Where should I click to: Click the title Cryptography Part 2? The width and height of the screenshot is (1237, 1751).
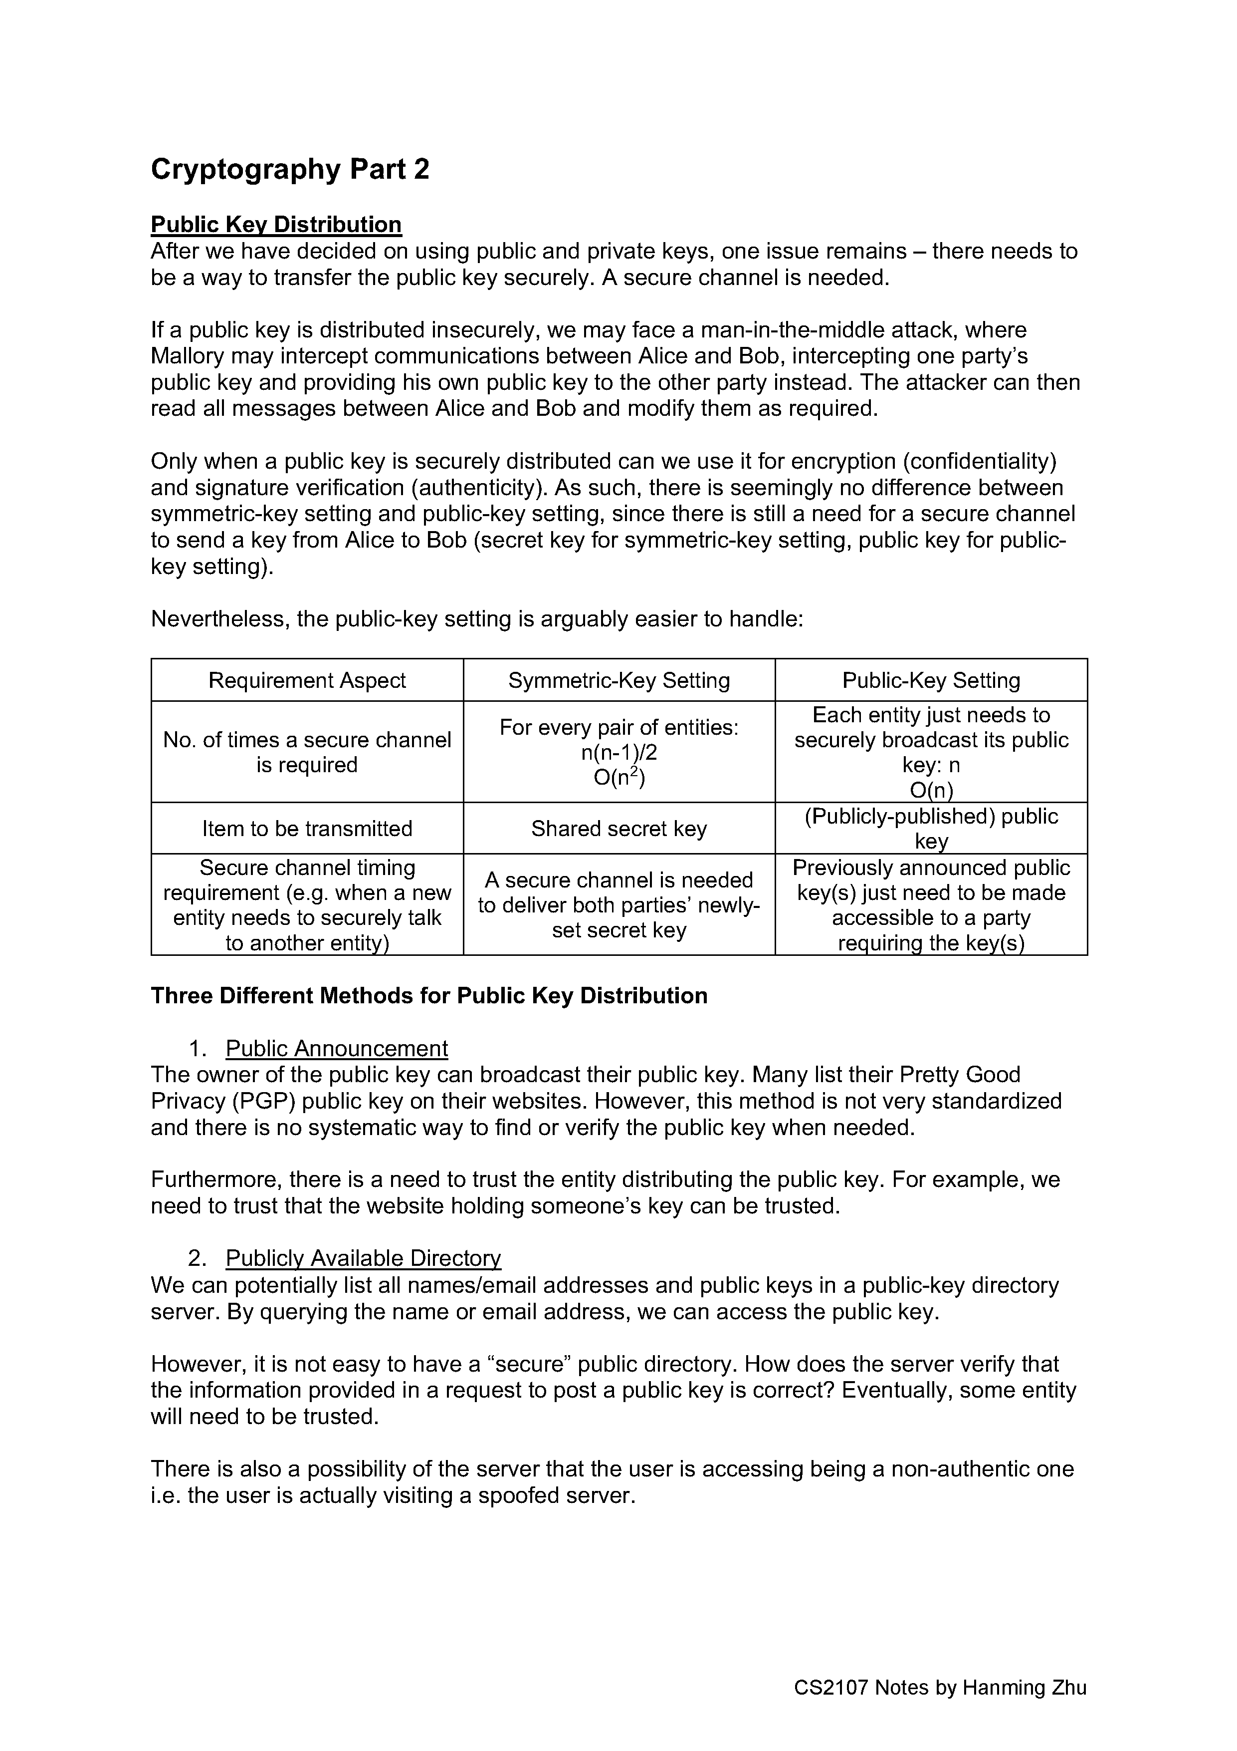coord(290,169)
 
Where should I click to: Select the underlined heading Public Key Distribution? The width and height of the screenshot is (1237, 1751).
coord(276,224)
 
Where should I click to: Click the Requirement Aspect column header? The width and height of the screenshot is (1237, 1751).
coord(307,680)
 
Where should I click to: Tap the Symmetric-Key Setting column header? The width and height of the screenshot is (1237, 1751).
coord(619,680)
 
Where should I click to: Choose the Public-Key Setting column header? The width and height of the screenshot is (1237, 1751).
coord(931,680)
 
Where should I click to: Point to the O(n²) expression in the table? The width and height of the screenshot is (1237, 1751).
coord(619,779)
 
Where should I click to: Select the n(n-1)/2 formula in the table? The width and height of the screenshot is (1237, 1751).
coord(619,753)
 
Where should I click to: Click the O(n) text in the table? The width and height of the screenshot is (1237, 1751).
coord(931,791)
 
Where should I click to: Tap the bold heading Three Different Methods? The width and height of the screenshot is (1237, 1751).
coord(429,996)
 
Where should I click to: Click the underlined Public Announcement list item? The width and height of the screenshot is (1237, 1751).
coord(337,1049)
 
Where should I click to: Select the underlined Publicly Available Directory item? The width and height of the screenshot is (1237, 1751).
coord(364,1257)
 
